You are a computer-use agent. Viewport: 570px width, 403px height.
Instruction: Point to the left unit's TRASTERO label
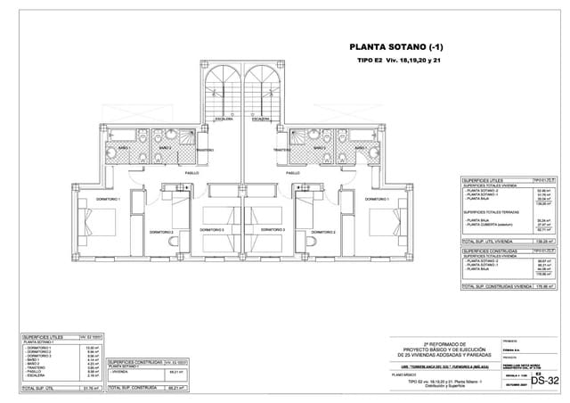205,150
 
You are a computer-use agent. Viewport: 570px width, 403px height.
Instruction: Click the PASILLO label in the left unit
191,173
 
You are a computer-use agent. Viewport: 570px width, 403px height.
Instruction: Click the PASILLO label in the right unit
292,173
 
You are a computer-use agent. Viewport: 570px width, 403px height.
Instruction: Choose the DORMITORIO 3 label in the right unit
273,229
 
